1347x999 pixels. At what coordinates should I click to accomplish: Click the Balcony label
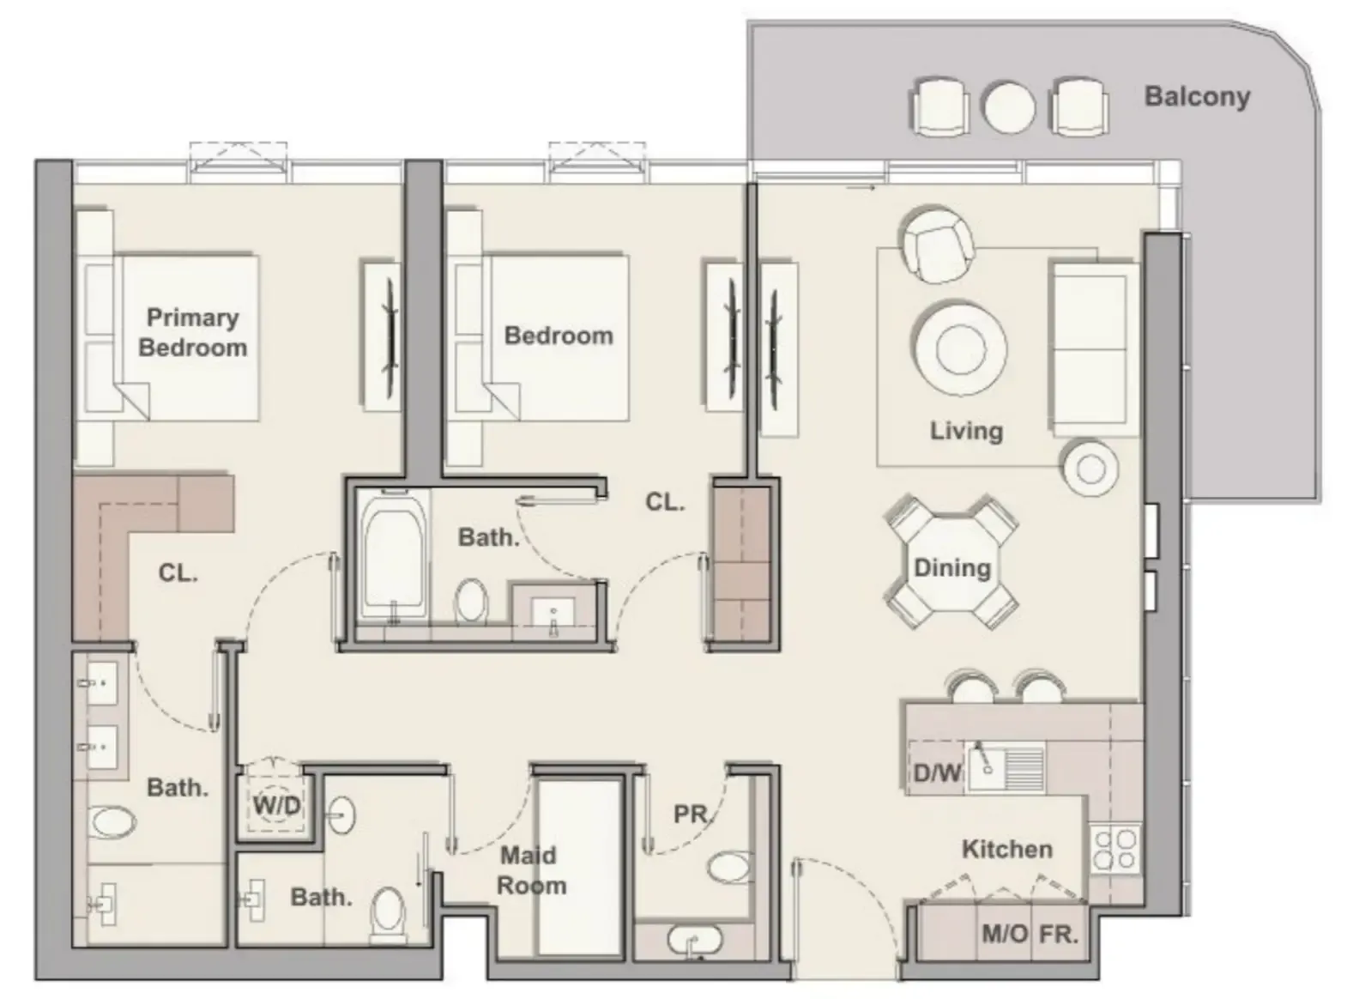point(1196,96)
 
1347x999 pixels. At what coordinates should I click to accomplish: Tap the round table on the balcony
point(1008,106)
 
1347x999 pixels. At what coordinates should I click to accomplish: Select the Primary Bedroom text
point(192,332)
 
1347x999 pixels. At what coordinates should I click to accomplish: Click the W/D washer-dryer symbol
point(276,805)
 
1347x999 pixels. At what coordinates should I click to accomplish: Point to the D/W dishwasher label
point(937,772)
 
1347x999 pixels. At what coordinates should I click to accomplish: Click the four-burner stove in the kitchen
point(1115,848)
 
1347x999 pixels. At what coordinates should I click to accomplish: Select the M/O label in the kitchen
point(1004,934)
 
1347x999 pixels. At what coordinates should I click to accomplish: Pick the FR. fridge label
point(1058,934)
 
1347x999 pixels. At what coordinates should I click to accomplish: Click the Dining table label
point(951,567)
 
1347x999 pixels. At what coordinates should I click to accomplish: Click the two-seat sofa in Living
point(1090,348)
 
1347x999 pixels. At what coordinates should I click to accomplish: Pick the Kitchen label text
point(1006,849)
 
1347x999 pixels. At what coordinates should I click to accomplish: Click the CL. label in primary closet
point(178,572)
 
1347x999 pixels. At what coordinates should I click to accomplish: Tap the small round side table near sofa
point(1090,468)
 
